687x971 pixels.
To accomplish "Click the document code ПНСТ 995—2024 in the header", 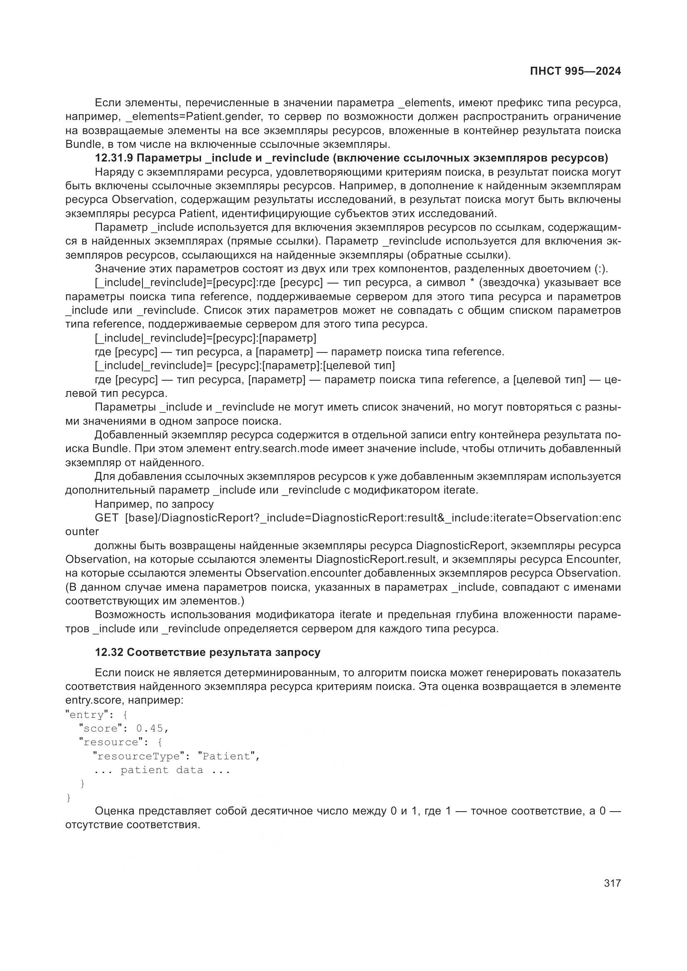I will coord(575,71).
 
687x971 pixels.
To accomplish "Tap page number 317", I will coord(612,883).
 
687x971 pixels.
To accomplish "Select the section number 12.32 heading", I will coord(109,652).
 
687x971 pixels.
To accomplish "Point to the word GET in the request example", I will coord(107,518).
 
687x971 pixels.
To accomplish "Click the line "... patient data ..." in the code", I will coord(162,770).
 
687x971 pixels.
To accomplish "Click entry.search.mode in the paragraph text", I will coord(281,449).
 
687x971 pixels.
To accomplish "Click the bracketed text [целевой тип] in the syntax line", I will coord(359,365).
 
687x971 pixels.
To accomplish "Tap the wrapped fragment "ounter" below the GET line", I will coord(82,532).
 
